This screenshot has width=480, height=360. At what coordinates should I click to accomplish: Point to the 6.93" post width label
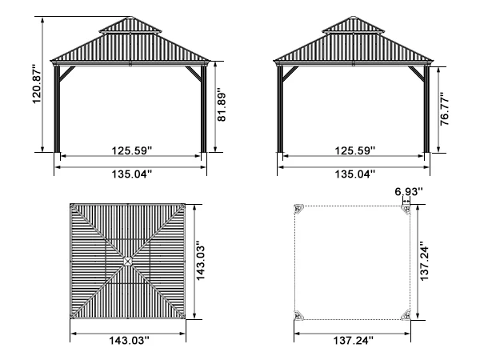tap(409, 191)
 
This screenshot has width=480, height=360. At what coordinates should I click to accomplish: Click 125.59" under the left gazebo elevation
tap(130, 150)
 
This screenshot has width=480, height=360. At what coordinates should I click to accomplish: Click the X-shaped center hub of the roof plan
tap(130, 261)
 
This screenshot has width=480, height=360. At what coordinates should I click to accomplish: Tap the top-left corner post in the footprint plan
tap(299, 210)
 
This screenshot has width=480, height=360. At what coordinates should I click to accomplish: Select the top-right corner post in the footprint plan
tap(406, 210)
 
